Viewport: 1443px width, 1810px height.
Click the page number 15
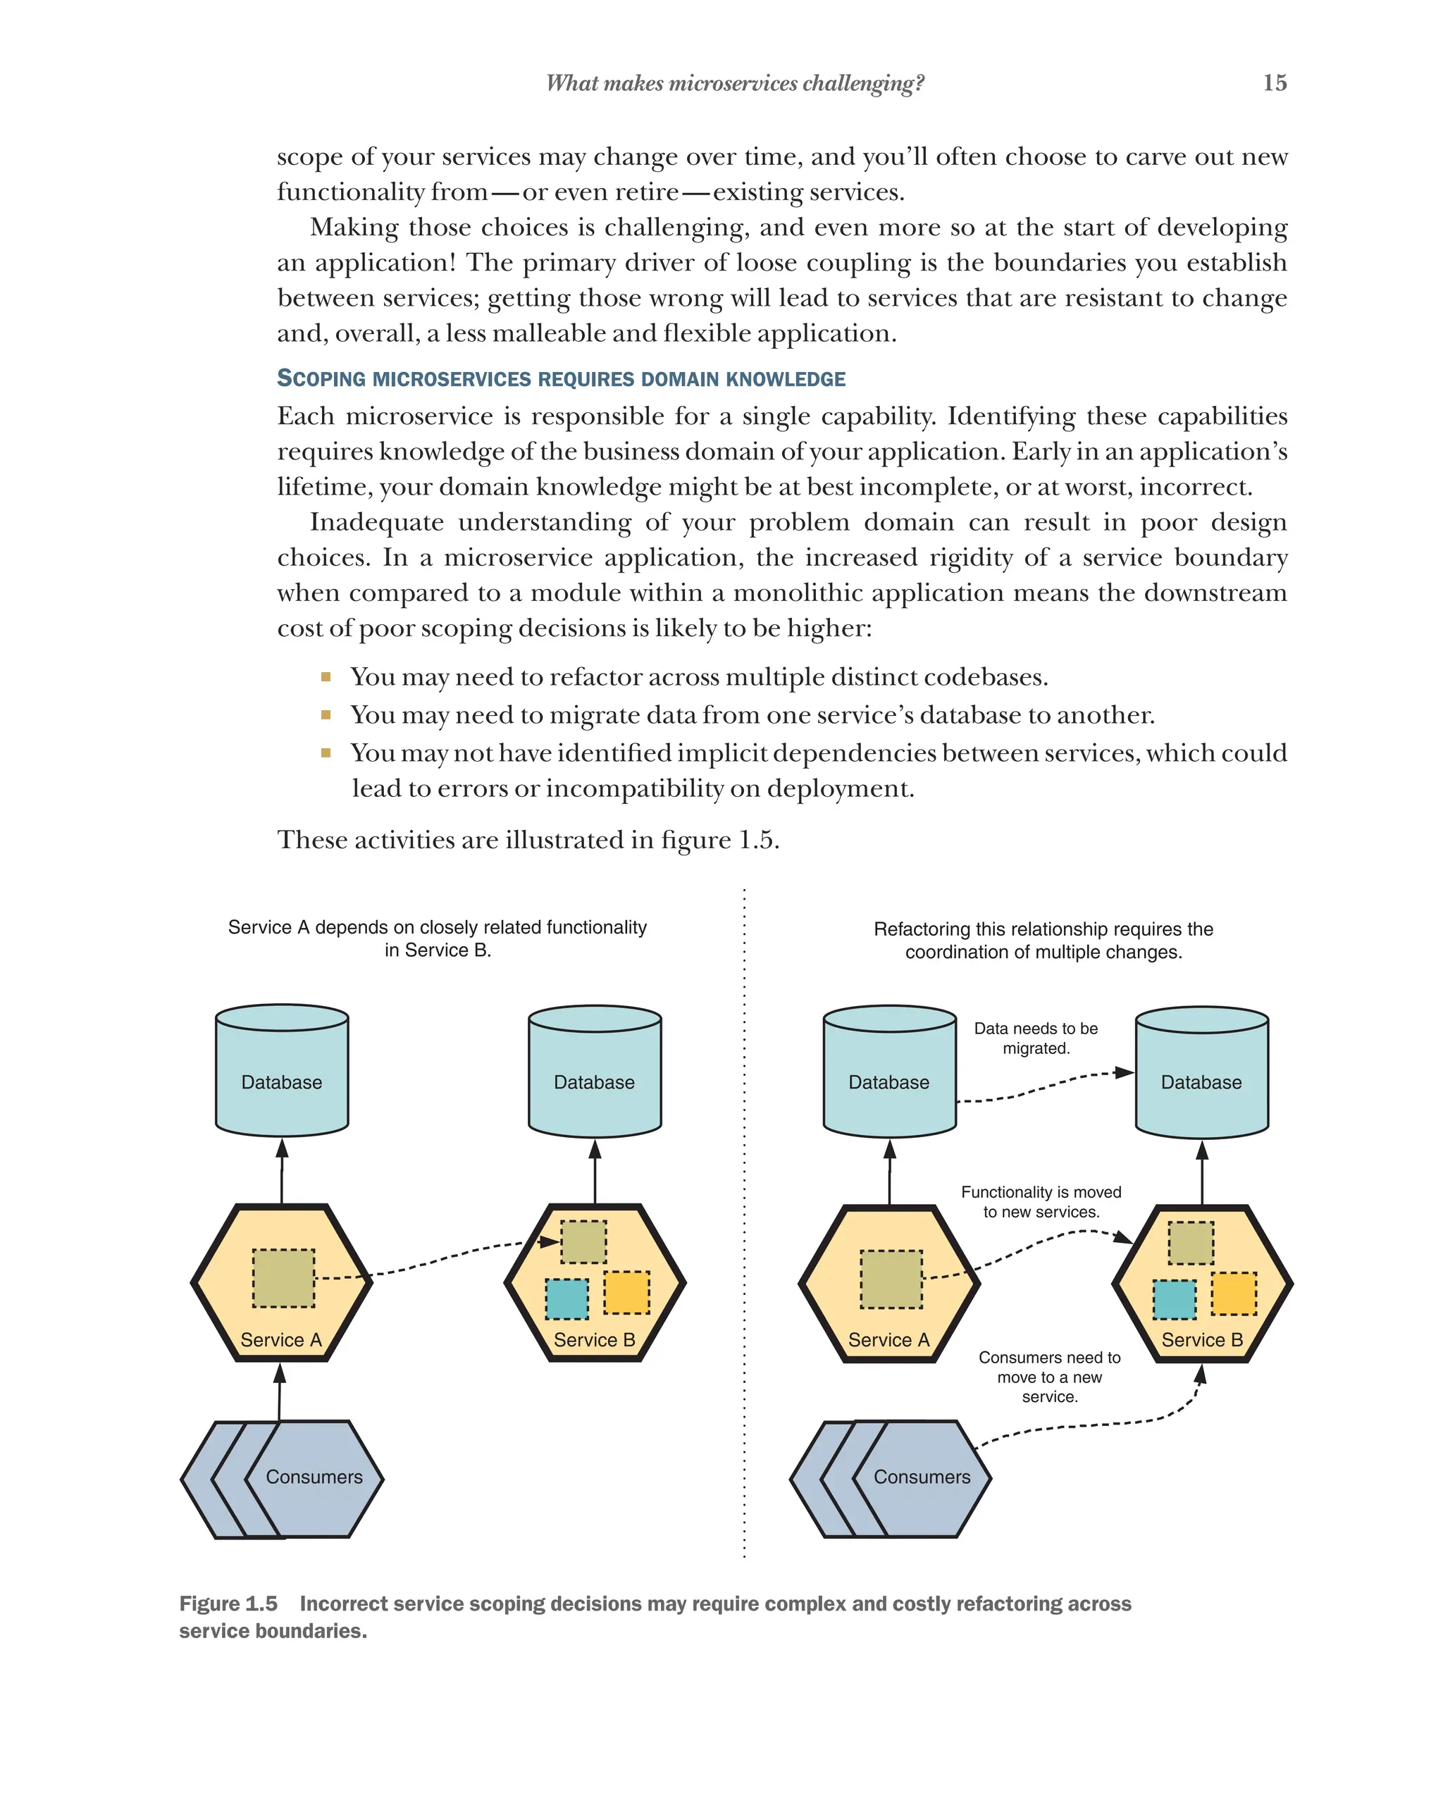[1273, 82]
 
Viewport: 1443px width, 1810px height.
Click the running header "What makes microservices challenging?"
[734, 83]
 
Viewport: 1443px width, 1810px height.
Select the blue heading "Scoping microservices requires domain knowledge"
[561, 378]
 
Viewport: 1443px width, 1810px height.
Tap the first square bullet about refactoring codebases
[326, 676]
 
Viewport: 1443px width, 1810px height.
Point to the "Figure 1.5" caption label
[228, 1604]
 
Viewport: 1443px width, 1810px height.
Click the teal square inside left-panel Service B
[566, 1298]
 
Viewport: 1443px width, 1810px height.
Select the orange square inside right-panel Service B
[1233, 1294]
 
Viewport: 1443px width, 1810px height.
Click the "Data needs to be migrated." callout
[1035, 1039]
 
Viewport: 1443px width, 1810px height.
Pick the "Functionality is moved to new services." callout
[1041, 1201]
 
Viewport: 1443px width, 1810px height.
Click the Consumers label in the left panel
[314, 1477]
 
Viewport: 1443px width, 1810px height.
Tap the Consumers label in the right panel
[922, 1477]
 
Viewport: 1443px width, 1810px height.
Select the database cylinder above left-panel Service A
[282, 1070]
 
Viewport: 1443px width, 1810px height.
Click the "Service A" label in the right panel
[888, 1340]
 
